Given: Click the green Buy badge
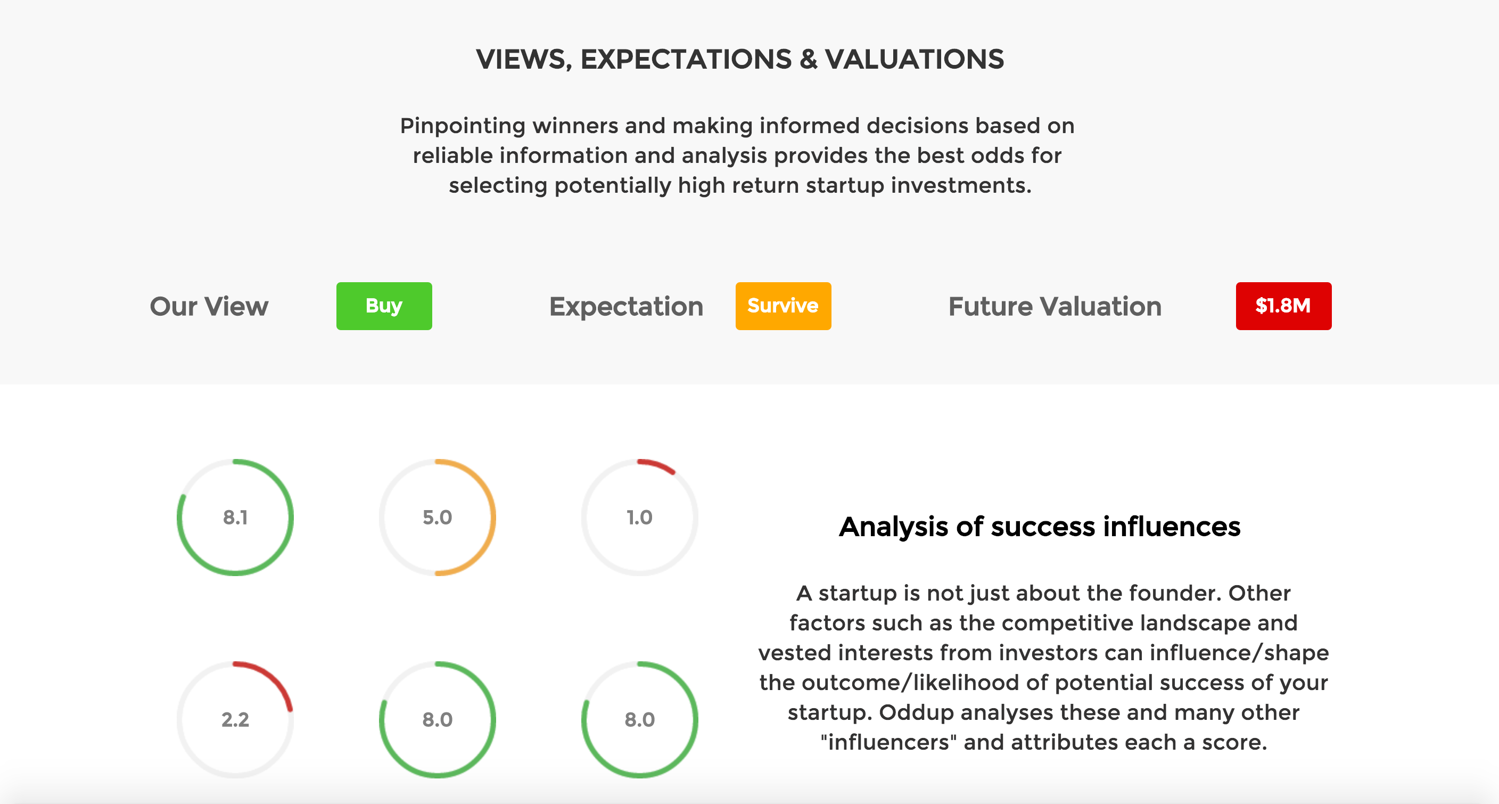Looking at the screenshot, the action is point(384,306).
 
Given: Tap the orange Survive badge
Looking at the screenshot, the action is point(783,306).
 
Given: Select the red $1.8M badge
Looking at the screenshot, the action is point(1284,306).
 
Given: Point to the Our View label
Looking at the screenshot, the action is point(209,306).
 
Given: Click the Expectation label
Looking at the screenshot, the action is point(626,307).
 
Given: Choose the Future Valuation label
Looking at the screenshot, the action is point(1055,306).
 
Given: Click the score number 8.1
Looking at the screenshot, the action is point(235,517).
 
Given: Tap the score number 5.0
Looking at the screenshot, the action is point(437,517).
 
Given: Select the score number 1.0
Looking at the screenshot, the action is point(639,517).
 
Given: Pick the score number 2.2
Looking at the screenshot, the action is point(235,719).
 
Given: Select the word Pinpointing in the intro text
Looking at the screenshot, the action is point(463,126).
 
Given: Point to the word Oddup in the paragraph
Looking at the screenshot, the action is point(912,712).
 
